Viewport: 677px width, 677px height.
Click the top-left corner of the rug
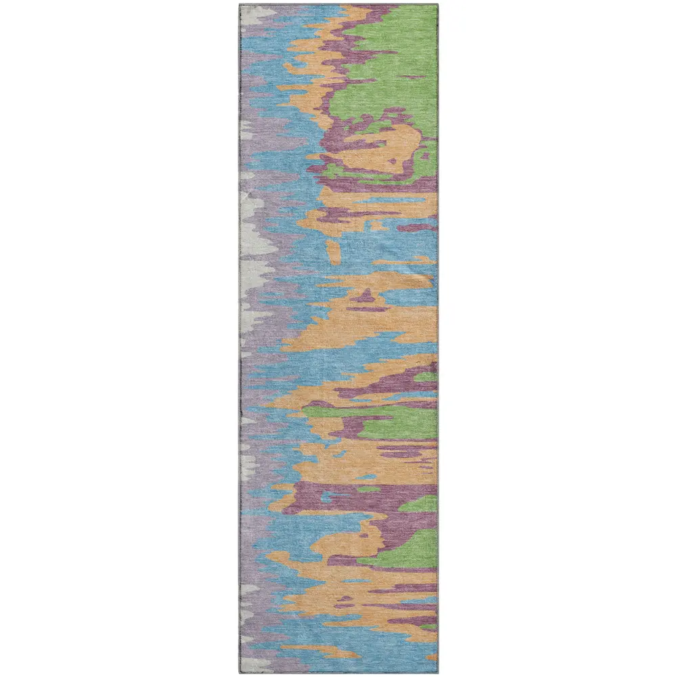tap(240, 5)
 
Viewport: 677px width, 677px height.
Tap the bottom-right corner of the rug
tap(437, 673)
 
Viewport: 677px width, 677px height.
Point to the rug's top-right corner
tap(438, 5)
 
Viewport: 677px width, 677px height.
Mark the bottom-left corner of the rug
tap(240, 673)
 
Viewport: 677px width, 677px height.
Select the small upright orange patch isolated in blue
tap(334, 251)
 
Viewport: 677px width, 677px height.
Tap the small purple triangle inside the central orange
tap(366, 296)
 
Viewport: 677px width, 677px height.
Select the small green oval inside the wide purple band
tap(369, 489)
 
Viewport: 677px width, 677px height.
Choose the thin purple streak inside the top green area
tap(379, 51)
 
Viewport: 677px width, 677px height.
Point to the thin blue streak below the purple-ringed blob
tap(386, 200)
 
